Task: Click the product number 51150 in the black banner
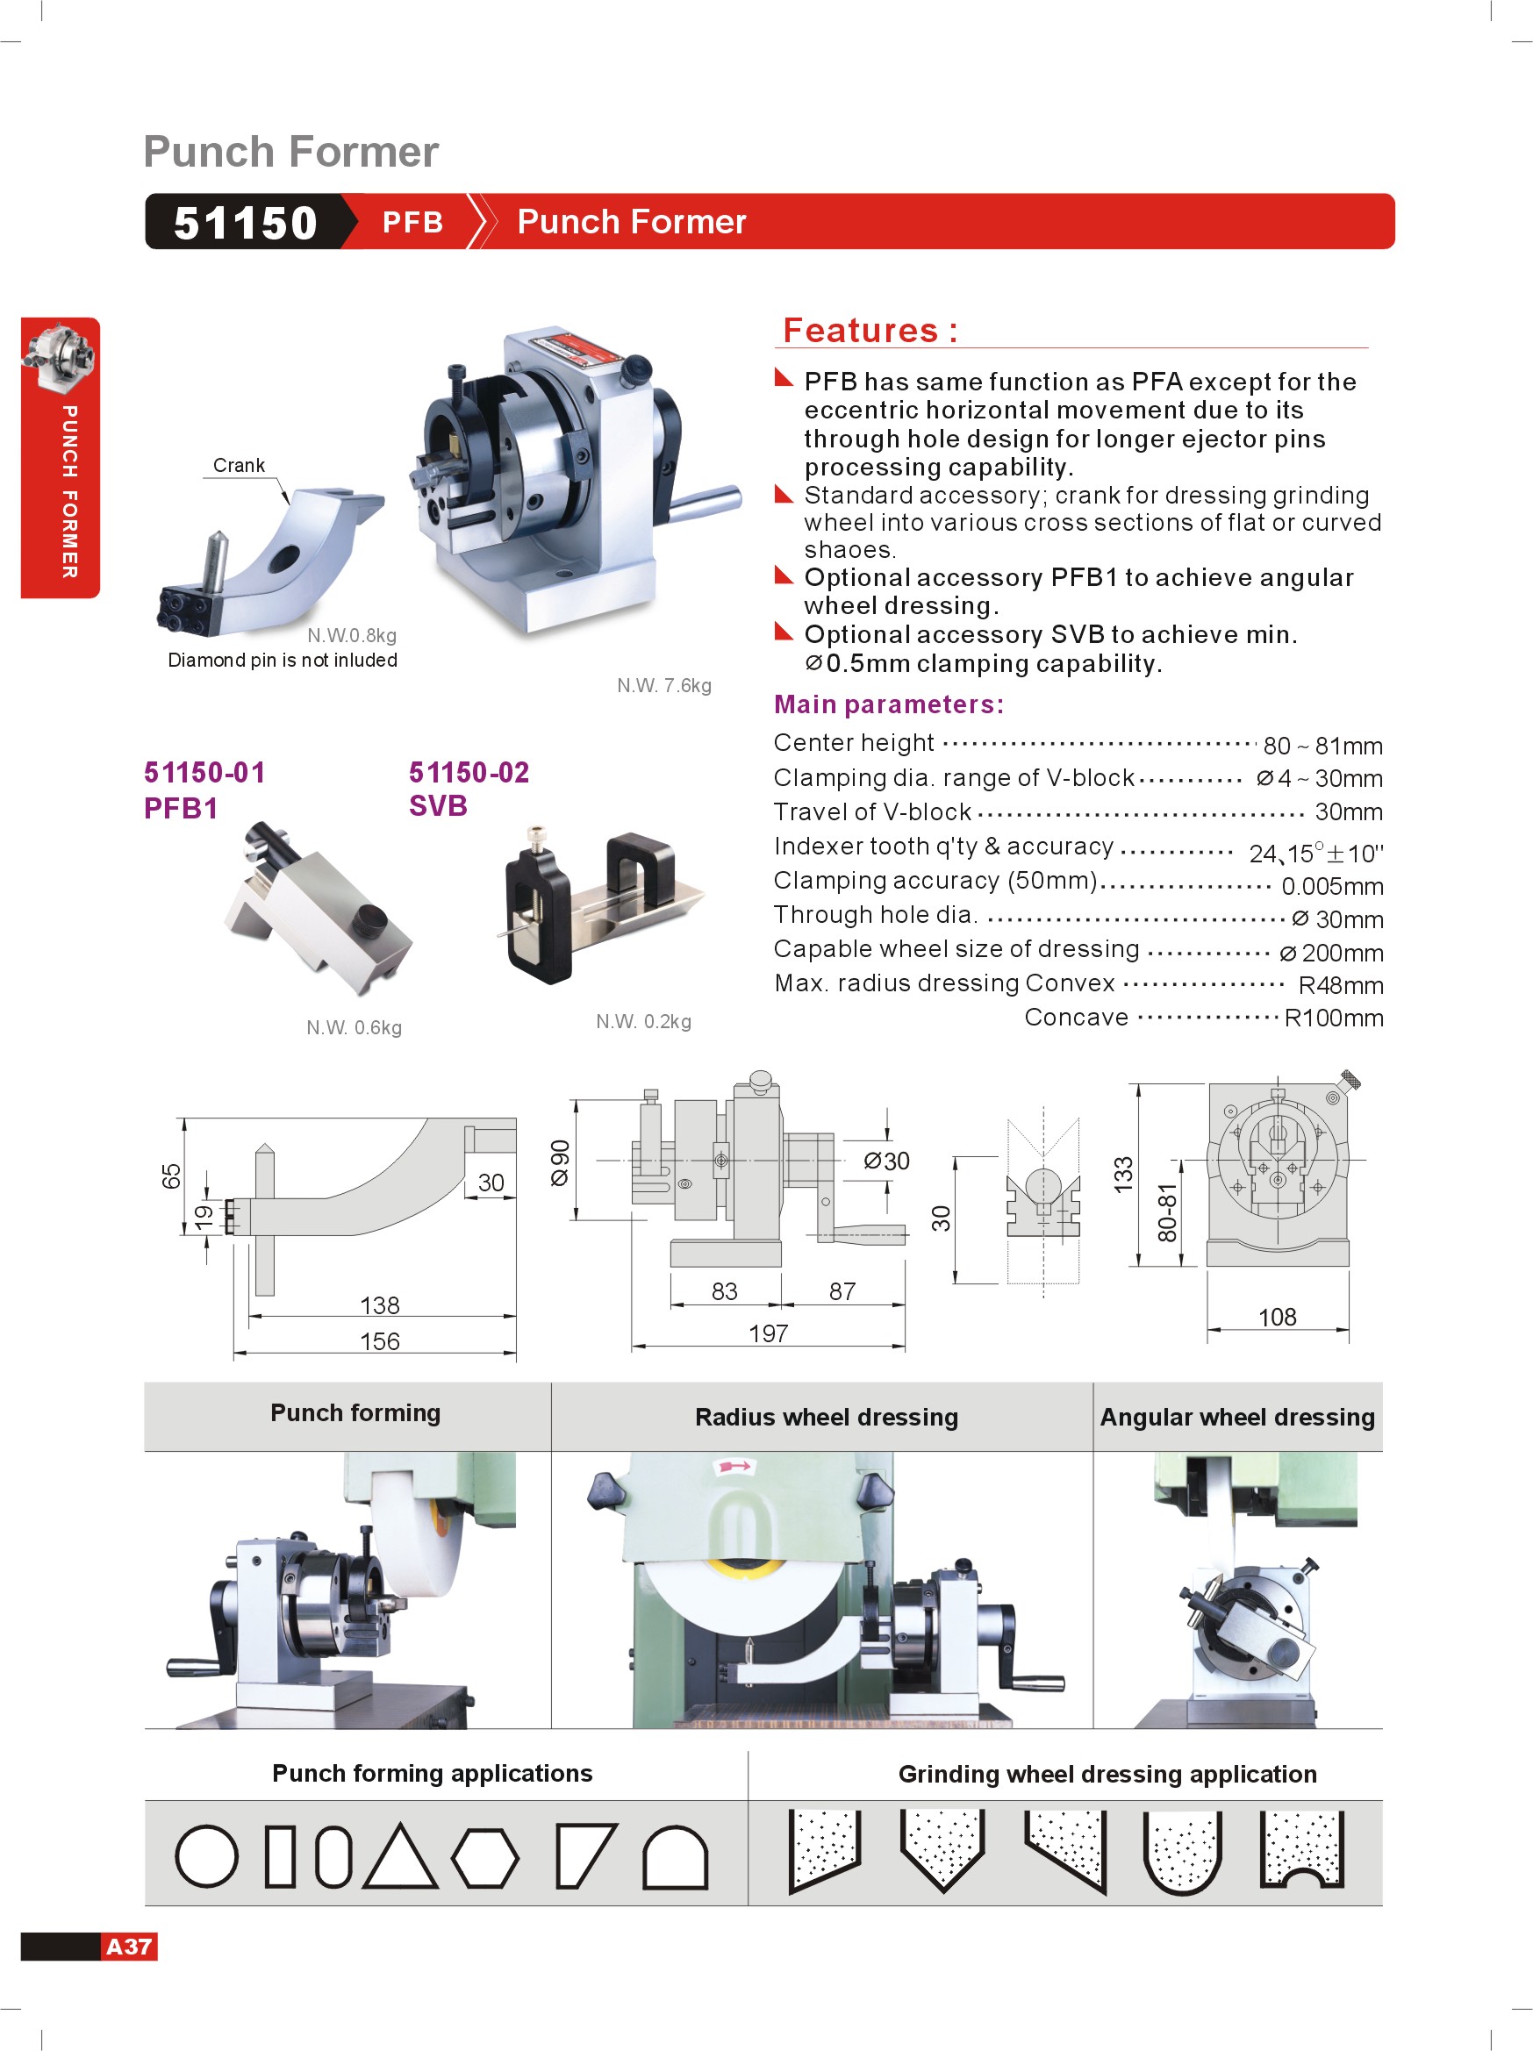pyautogui.click(x=246, y=223)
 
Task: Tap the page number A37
pyautogui.click(x=129, y=1947)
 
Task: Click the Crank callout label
pyautogui.click(x=239, y=465)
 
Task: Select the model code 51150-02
pyautogui.click(x=469, y=771)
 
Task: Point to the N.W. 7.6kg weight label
pyautogui.click(x=664, y=685)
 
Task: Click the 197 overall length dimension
pyautogui.click(x=768, y=1333)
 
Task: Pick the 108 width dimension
pyautogui.click(x=1276, y=1317)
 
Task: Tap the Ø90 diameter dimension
pyautogui.click(x=560, y=1161)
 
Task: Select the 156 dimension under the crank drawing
pyautogui.click(x=379, y=1340)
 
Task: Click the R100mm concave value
pyautogui.click(x=1333, y=1018)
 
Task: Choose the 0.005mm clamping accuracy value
pyautogui.click(x=1332, y=886)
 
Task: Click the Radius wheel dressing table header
pyautogui.click(x=827, y=1417)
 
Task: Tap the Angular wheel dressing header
pyautogui.click(x=1237, y=1417)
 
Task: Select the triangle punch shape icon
pyautogui.click(x=400, y=1858)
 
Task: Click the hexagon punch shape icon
pyautogui.click(x=485, y=1857)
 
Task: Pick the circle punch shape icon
pyautogui.click(x=206, y=1856)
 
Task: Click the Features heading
pyautogui.click(x=870, y=330)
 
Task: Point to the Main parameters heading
pyautogui.click(x=888, y=704)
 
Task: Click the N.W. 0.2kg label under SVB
pyautogui.click(x=642, y=1021)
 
